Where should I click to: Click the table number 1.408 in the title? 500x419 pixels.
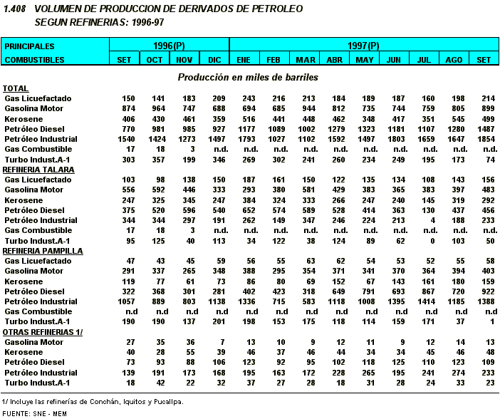coord(14,9)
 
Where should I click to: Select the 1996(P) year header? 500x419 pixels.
coord(169,46)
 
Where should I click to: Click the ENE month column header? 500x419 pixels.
coord(244,60)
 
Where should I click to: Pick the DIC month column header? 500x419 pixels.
coord(214,60)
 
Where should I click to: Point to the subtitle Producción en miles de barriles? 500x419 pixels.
coord(248,76)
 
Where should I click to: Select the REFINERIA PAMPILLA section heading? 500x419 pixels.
coord(43,251)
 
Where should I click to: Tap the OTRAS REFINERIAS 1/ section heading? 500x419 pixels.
coord(42,332)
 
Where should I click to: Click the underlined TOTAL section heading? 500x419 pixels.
coord(16,88)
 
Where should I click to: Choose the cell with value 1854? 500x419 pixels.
coord(484,139)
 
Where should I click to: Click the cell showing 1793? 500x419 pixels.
coord(244,139)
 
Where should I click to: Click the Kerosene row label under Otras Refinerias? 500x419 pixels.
coord(24,352)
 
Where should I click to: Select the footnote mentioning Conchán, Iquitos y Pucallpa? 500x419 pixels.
coord(93,401)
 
